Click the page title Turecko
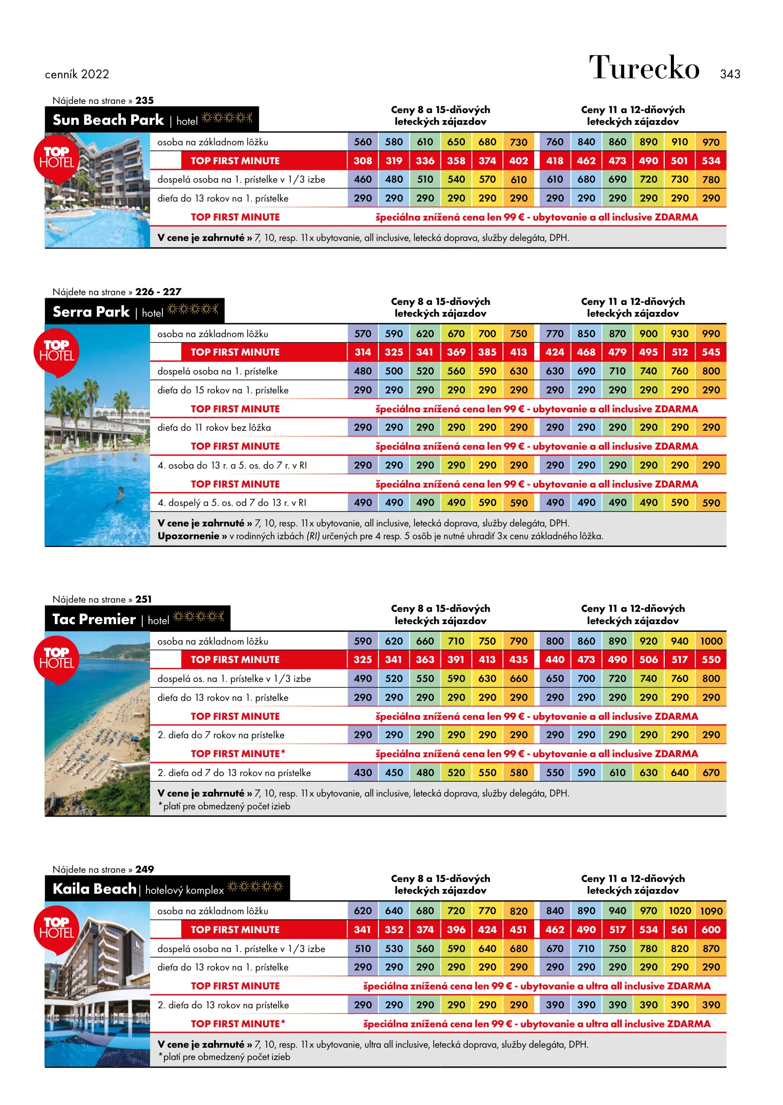(x=644, y=68)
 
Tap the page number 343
(x=730, y=74)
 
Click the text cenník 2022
(x=77, y=74)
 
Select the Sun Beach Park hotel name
(x=108, y=120)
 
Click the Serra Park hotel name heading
(x=91, y=312)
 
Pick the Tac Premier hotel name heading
(x=94, y=620)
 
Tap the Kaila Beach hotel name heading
(x=94, y=889)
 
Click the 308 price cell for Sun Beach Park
(x=363, y=161)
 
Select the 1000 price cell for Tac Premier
(x=711, y=641)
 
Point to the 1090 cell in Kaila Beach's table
(x=711, y=911)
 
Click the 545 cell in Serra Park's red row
(x=711, y=352)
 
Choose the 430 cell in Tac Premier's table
(x=363, y=773)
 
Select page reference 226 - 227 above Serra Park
(x=158, y=292)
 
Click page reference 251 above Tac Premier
(x=143, y=599)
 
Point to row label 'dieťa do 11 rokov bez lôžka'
(x=214, y=428)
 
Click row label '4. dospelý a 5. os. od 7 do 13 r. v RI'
(x=231, y=503)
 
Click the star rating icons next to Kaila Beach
(x=255, y=887)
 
